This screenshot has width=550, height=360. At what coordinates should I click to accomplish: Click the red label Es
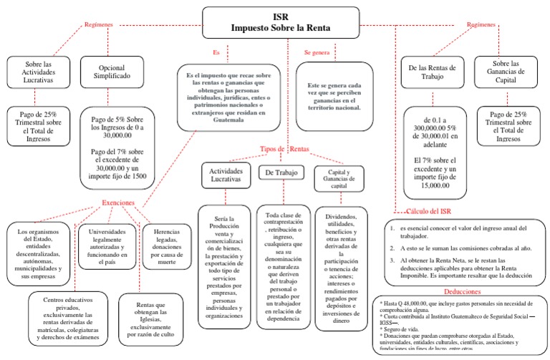tap(216, 52)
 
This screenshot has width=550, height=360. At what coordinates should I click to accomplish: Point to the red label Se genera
tap(317, 52)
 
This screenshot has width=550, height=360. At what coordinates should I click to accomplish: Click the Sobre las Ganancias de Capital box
tap(510, 72)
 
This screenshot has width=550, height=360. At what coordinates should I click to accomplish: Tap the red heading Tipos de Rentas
tap(288, 149)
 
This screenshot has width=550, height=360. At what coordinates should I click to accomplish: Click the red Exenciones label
tap(118, 203)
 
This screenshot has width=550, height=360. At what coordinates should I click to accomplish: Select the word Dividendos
tap(341, 216)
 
